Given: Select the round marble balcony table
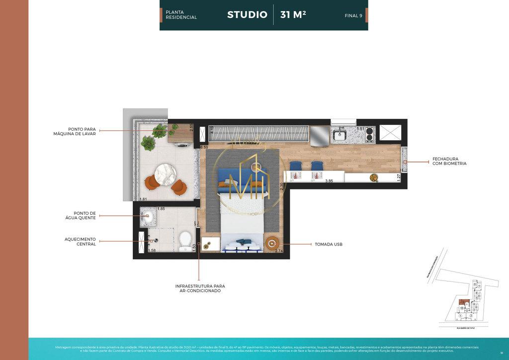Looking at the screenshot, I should [166, 174].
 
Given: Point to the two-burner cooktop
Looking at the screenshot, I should [369, 134].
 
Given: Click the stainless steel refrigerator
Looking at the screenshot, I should [320, 135].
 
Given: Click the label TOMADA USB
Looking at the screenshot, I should [329, 245].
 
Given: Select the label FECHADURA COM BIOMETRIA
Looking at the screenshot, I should [449, 161].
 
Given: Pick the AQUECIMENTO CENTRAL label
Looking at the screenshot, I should [80, 241].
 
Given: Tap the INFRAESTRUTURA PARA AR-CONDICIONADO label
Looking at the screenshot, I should [200, 288].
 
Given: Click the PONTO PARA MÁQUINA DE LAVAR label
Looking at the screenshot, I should [75, 131].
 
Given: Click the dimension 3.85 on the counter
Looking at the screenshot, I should [329, 181].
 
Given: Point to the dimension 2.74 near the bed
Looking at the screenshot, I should [279, 252].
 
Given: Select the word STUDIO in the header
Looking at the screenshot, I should [247, 15].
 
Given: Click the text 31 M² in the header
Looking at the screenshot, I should [293, 15].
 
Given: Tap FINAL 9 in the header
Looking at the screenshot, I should [353, 15].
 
